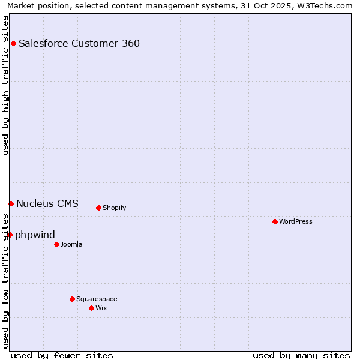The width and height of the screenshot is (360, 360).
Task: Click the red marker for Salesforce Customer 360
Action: (13, 43)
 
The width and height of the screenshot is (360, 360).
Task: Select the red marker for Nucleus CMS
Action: (11, 204)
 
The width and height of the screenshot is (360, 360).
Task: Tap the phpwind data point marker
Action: (10, 235)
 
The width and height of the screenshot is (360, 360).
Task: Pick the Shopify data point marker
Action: (98, 208)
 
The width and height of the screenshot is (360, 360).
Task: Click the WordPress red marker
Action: (275, 222)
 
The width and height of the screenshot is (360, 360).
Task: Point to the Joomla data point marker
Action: (56, 244)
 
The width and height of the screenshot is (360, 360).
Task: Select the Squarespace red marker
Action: (72, 299)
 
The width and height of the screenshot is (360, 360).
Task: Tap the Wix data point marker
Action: (91, 308)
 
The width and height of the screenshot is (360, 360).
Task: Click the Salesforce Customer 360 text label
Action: (79, 43)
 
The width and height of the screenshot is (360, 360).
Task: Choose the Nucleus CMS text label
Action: (47, 203)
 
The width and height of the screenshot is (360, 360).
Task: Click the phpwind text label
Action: (35, 235)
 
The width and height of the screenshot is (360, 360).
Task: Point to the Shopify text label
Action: (114, 208)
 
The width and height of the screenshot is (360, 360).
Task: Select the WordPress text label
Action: (296, 222)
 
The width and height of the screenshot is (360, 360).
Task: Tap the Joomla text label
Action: (71, 244)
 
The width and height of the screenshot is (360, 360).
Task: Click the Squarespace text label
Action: (97, 299)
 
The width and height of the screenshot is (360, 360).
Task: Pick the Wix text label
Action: (101, 308)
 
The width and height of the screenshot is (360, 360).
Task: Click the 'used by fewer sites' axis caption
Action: (62, 355)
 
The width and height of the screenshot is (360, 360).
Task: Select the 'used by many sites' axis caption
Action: (301, 355)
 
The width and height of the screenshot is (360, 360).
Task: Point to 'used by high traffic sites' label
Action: (5, 85)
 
